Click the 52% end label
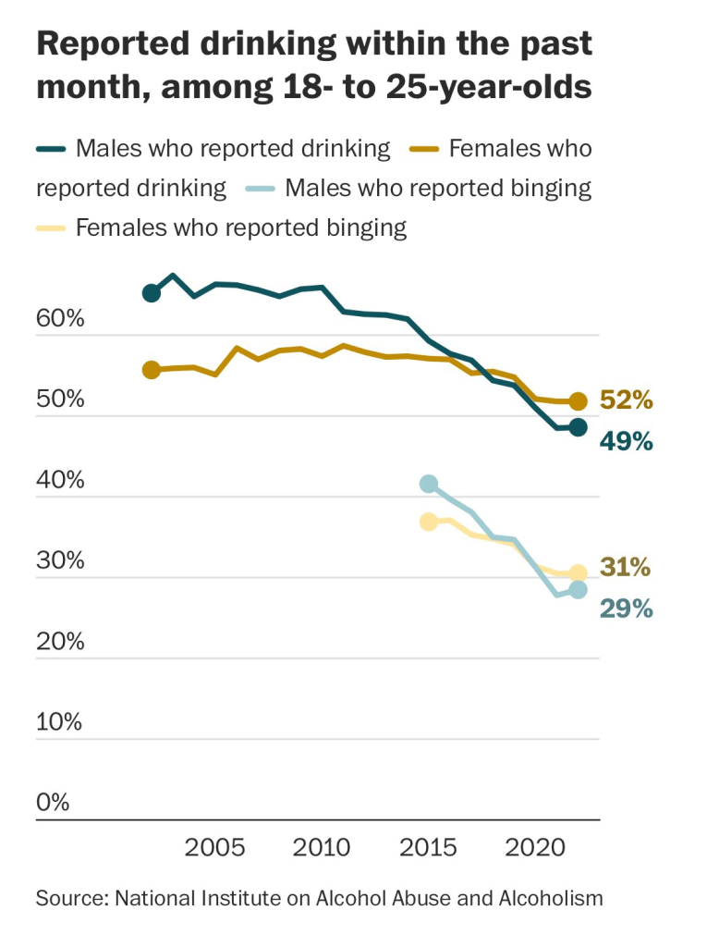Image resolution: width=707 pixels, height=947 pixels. coord(626,400)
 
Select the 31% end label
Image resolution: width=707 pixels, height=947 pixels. coord(626,567)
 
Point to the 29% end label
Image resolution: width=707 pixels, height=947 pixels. coord(626,609)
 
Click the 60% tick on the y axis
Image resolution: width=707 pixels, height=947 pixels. coord(60,320)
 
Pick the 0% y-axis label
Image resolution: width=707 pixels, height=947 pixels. coord(53,803)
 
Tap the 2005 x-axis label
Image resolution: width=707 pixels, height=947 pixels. coord(214,847)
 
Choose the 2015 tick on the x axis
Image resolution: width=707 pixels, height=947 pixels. coord(429,847)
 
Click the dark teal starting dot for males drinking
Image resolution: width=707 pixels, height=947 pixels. coord(152,293)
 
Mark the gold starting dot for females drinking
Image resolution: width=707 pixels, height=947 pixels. coord(152,370)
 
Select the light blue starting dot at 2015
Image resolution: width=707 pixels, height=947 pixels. coord(429,484)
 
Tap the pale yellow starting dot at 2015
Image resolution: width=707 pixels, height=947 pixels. coord(429,522)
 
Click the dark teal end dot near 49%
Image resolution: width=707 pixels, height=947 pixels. coord(578,427)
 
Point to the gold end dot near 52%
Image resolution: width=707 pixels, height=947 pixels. coord(578,401)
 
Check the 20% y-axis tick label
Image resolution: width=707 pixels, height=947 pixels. coord(60,642)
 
